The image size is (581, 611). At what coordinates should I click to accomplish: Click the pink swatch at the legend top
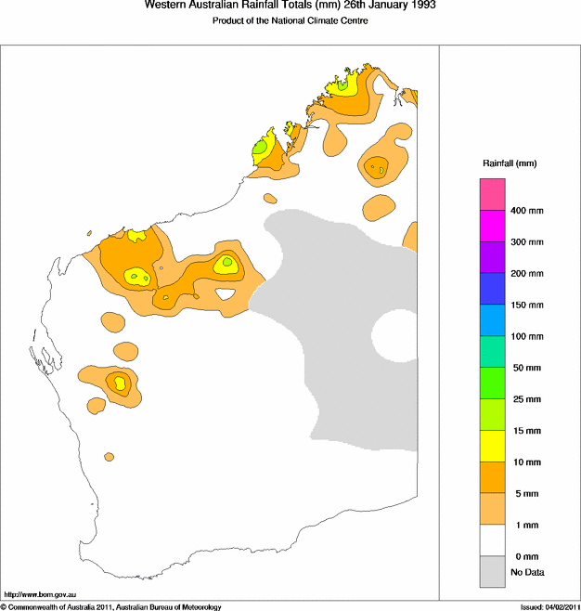click(492, 195)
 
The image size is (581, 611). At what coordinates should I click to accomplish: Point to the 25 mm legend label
click(525, 399)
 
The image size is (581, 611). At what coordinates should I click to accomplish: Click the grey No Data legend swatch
click(492, 571)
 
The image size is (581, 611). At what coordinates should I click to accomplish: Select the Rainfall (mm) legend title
click(510, 163)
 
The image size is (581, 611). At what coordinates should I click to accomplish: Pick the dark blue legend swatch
click(492, 289)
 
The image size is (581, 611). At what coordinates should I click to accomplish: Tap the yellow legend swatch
click(492, 446)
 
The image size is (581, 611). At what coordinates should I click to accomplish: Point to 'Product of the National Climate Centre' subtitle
click(290, 20)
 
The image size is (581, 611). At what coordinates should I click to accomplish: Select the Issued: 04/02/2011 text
click(549, 606)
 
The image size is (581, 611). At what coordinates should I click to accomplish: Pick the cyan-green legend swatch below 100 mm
click(492, 352)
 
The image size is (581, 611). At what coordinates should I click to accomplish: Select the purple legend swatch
click(492, 257)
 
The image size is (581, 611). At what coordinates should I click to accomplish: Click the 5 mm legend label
click(523, 493)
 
